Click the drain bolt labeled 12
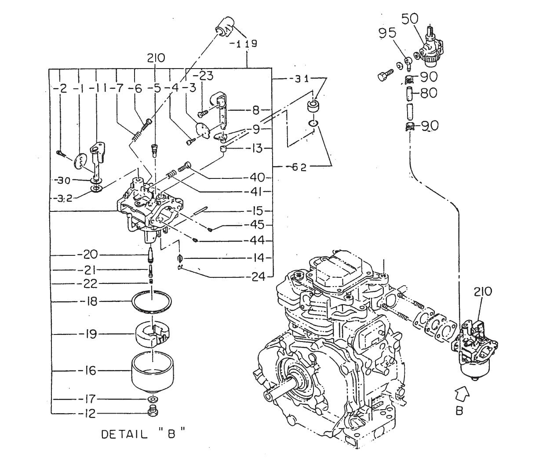coord(153,411)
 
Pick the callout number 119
coord(244,44)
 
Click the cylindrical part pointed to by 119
coord(225,28)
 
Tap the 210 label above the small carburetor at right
coord(483,291)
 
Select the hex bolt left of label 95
coord(382,76)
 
